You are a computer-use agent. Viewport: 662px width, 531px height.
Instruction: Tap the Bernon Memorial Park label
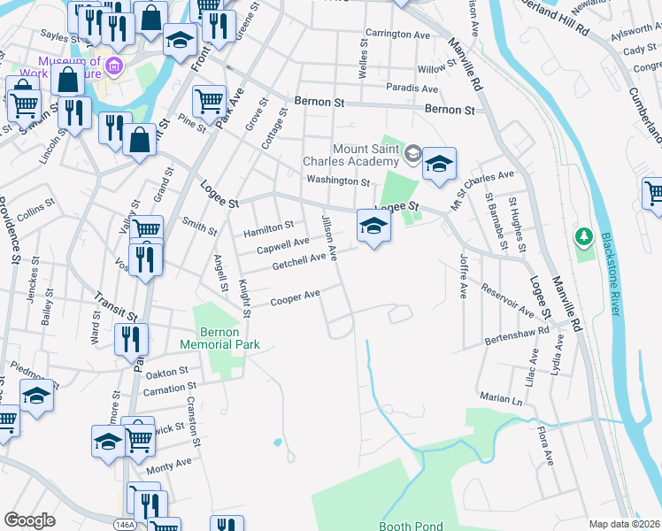point(211,336)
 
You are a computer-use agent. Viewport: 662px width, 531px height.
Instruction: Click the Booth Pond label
point(411,526)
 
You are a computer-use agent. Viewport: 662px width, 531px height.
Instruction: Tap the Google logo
point(29,520)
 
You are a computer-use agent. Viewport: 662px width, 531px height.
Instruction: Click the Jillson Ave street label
point(329,238)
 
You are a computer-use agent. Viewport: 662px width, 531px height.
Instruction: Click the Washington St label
point(338,181)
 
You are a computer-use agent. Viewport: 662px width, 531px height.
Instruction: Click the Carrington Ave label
point(399,35)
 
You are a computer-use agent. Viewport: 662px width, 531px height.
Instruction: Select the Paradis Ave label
point(412,88)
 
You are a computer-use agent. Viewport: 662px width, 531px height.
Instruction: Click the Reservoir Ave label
point(508,300)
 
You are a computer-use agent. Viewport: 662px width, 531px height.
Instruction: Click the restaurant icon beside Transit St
point(130,338)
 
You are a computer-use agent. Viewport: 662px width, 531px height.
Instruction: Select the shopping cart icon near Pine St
point(209,101)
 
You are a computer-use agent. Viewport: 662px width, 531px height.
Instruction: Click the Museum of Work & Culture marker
point(113,65)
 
